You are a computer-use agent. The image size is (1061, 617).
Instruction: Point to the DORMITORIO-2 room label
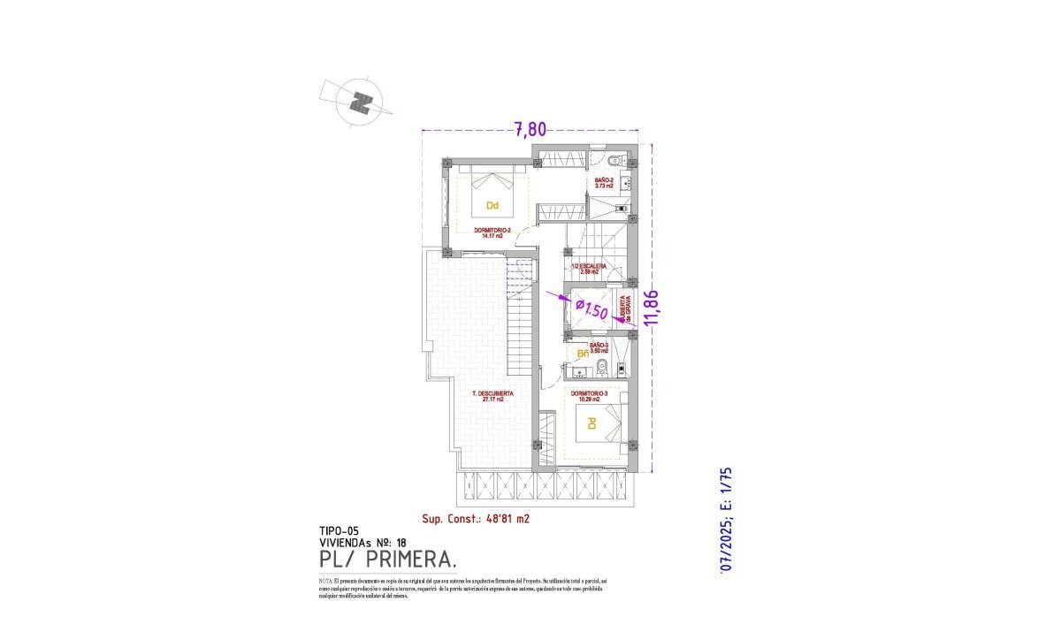[492, 232]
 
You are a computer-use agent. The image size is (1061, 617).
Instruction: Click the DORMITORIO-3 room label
[589, 396]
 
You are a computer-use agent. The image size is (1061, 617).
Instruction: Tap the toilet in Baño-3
[601, 367]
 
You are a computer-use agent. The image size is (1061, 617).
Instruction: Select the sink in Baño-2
[625, 184]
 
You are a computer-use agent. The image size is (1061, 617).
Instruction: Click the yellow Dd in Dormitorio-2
[492, 206]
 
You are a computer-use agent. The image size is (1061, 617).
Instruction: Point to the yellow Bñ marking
[582, 354]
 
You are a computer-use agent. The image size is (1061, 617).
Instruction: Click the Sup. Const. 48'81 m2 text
[475, 520]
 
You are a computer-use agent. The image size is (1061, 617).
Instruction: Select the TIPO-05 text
[340, 532]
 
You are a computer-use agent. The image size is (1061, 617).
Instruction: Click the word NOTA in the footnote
[325, 580]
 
